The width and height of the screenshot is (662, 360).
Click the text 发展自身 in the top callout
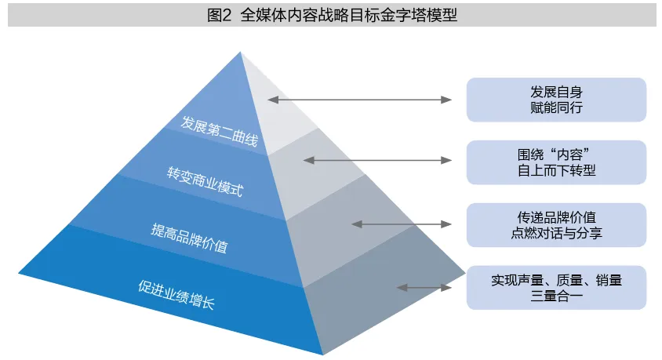pyautogui.click(x=556, y=90)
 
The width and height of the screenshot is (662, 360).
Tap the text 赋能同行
pyautogui.click(x=556, y=107)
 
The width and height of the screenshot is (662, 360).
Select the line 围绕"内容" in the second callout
pyautogui.click(x=556, y=153)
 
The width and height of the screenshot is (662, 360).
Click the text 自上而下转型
pyautogui.click(x=556, y=170)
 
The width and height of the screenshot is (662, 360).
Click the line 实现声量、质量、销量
pyautogui.click(x=556, y=279)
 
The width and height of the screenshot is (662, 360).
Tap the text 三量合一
pyautogui.click(x=556, y=296)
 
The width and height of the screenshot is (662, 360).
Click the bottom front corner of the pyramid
pyautogui.click(x=322, y=355)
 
